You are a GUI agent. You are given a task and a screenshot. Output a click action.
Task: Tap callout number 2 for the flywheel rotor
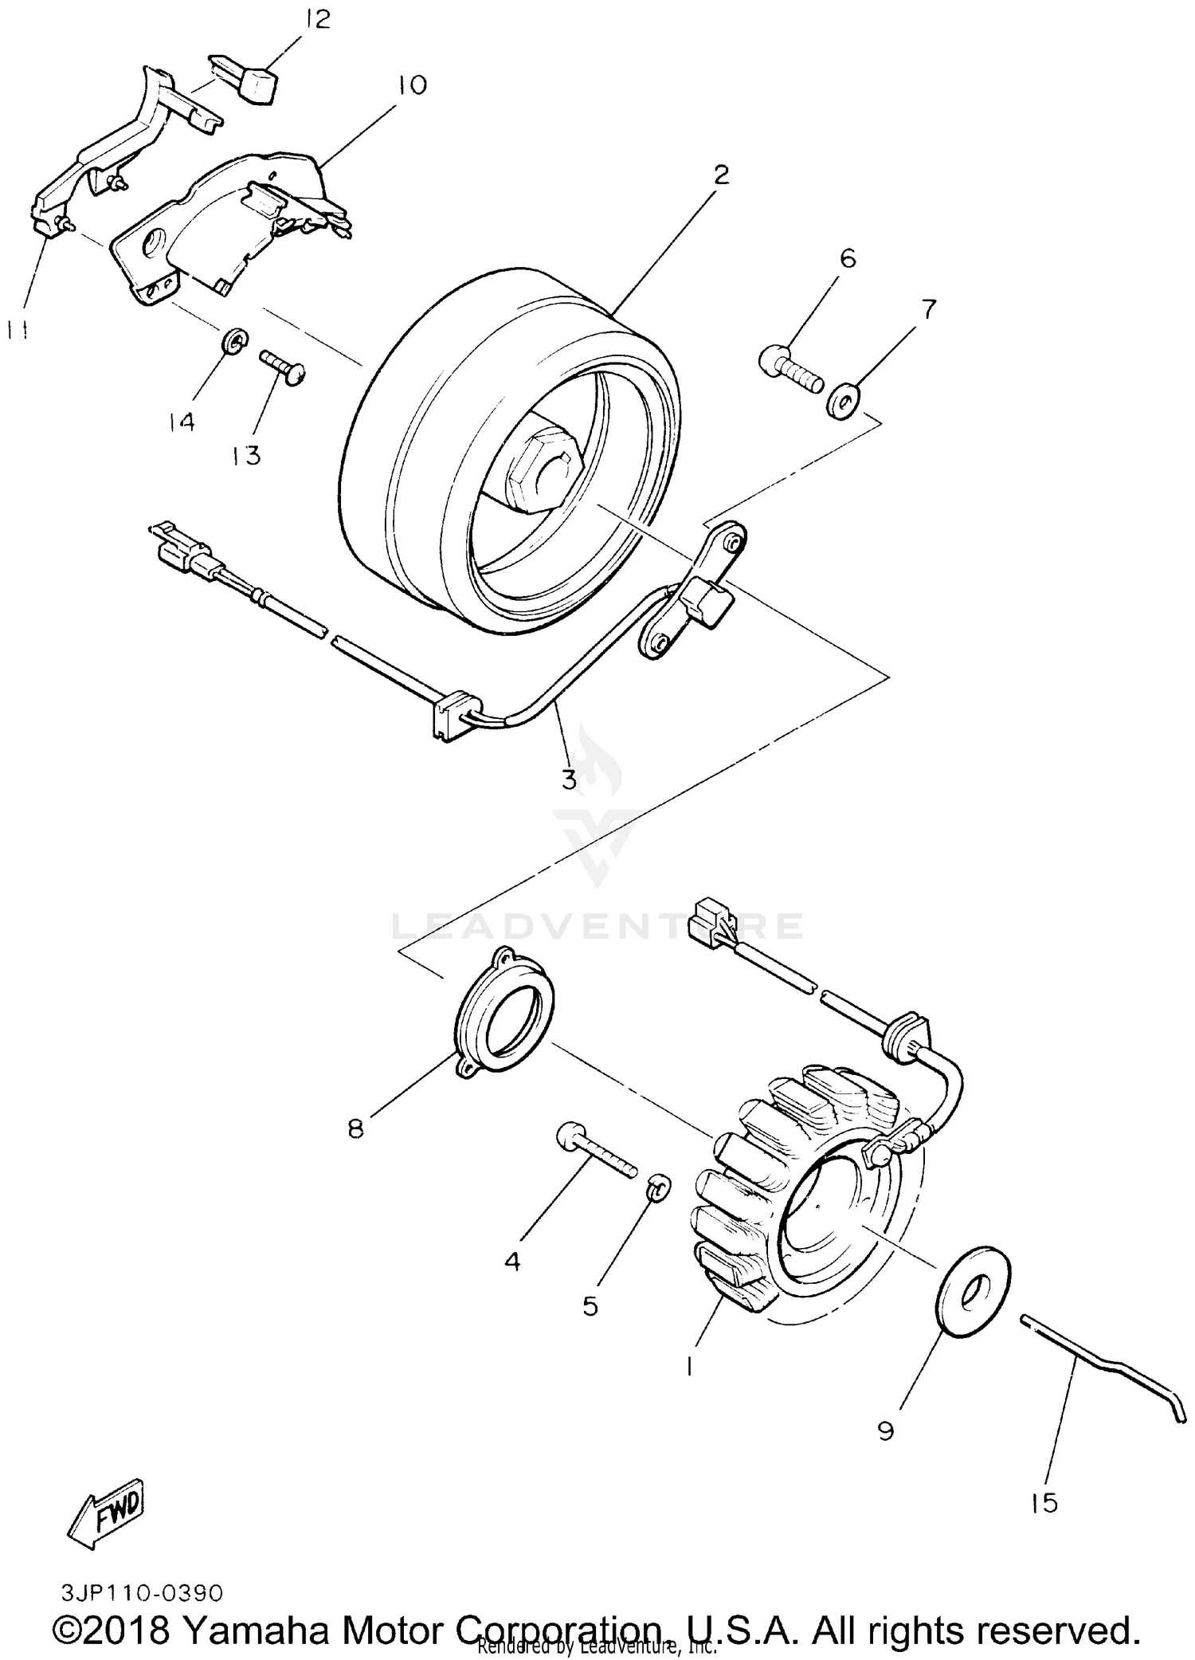[720, 175]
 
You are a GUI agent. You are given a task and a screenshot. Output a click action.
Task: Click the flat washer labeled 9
[974, 1296]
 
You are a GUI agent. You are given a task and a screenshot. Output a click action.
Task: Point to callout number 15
[1043, 1503]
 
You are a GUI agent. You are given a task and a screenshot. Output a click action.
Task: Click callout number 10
[413, 85]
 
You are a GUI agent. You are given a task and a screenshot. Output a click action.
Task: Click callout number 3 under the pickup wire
[569, 779]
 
